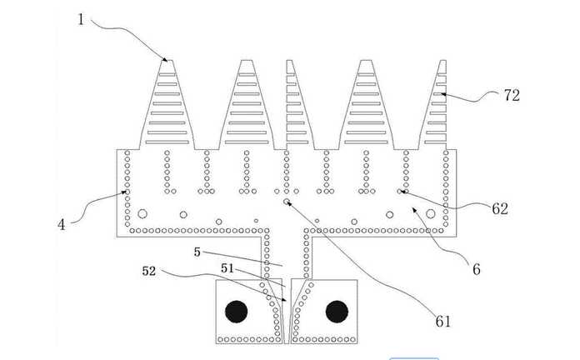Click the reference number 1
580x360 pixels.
coord(81,19)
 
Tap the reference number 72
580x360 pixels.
coord(512,96)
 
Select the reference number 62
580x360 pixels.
coord(500,209)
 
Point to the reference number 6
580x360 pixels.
coord(477,269)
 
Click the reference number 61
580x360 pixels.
coord(442,321)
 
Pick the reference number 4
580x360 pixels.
coord(62,225)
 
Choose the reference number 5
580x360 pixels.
coord(197,252)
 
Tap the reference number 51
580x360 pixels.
coord(227,267)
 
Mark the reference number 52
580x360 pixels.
coord(149,271)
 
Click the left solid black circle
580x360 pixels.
coord(237,312)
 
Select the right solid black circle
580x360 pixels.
coord(337,312)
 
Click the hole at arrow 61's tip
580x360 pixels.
coord(287,202)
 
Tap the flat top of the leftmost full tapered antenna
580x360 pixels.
coord(167,60)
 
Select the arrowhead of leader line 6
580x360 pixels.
coord(415,210)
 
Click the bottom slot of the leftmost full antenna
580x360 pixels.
coord(167,142)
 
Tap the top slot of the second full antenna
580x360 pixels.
coord(247,75)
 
